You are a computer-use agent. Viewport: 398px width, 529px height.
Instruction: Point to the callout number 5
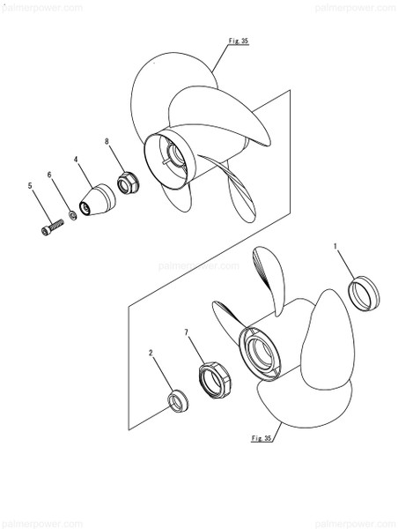[30, 185]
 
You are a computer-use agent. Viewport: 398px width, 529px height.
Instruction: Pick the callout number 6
[50, 175]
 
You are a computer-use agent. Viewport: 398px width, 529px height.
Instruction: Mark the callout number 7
[187, 332]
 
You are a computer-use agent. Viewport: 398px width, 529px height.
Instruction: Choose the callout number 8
[107, 141]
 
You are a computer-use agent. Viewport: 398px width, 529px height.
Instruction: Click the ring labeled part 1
[364, 293]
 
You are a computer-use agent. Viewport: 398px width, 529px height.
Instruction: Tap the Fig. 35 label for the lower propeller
[262, 437]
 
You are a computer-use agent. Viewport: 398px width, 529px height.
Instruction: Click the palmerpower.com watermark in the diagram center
[191, 264]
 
